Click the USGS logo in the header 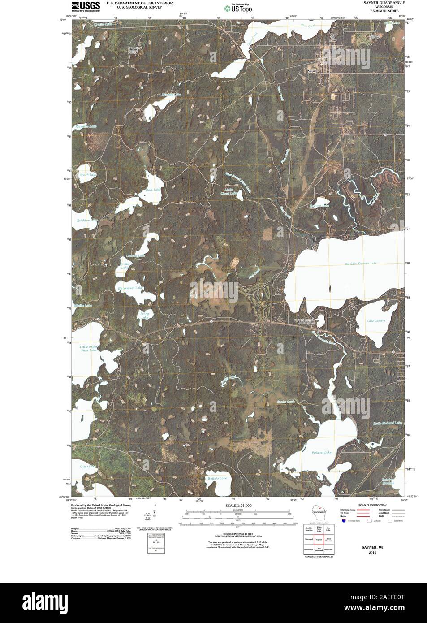click(86, 6)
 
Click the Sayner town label click(312, 71)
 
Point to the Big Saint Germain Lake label click(363, 264)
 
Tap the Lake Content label click(375, 321)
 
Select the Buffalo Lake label click(217, 478)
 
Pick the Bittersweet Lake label click(130, 287)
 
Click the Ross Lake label click(153, 190)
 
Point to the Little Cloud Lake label click(229, 191)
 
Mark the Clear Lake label click(88, 467)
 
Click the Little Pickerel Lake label click(388, 423)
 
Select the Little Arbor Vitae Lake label click(88, 349)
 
